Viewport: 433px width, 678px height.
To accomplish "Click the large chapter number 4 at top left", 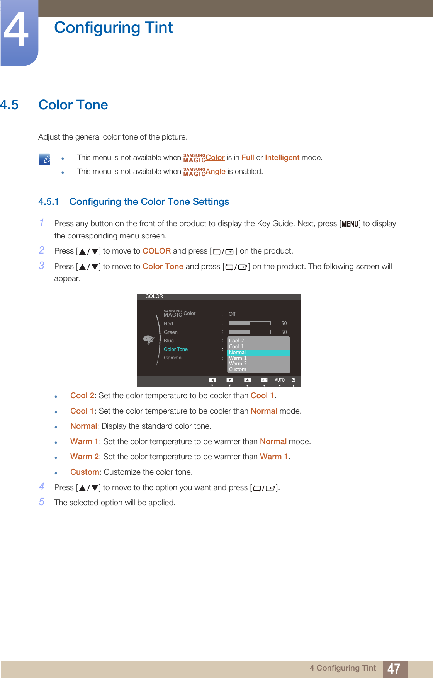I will [16, 30].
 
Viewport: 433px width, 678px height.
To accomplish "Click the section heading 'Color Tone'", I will [73, 105].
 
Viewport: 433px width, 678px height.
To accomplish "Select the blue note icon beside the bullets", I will [44, 159].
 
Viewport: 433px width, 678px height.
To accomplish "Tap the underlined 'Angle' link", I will [215, 171].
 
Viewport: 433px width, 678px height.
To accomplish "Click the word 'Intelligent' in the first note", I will [282, 157].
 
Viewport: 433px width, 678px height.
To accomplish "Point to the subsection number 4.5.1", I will [48, 202].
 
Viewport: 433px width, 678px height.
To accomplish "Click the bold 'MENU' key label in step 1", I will [350, 224].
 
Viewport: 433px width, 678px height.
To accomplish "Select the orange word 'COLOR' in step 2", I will [156, 251].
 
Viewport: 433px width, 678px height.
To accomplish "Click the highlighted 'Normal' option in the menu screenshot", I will [238, 352].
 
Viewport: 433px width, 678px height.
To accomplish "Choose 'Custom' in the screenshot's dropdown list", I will [238, 369].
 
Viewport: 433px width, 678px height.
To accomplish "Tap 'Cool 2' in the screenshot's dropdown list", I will [236, 341].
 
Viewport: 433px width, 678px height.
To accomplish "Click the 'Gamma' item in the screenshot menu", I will [172, 358].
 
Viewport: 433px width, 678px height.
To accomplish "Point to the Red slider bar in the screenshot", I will [250, 323].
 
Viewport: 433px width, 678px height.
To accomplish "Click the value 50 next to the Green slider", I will [284, 332].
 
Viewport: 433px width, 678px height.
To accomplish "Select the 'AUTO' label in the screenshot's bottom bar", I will [280, 380].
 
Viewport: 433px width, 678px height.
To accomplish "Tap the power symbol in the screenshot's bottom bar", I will [294, 380].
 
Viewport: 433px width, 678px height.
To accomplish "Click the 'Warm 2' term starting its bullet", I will [85, 457].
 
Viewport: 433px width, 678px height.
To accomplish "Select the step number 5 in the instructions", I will [42, 502].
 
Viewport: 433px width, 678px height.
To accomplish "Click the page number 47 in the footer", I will [394, 668].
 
